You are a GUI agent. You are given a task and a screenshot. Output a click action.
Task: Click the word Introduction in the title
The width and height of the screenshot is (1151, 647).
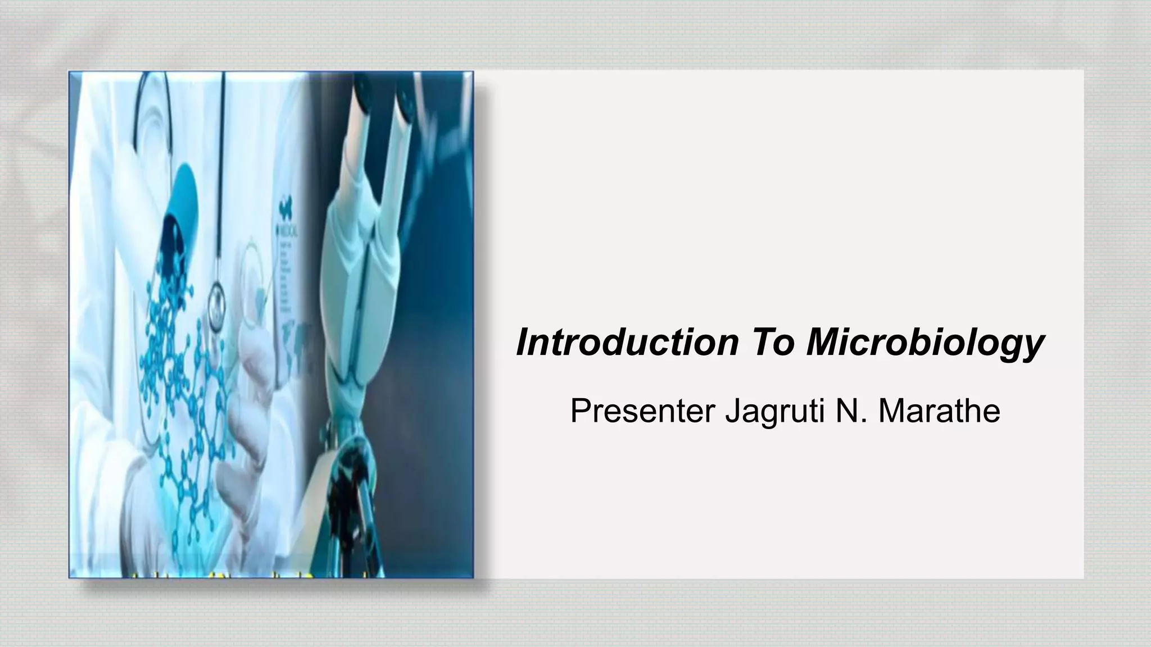[627, 342]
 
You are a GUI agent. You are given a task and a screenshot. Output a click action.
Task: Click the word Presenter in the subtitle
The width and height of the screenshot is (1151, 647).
[642, 411]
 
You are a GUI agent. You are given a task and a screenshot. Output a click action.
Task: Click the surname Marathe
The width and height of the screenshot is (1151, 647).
[939, 411]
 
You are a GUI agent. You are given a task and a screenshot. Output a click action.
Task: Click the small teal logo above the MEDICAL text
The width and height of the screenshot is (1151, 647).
[285, 211]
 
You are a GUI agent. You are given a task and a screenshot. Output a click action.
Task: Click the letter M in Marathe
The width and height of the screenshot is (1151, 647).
[892, 411]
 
